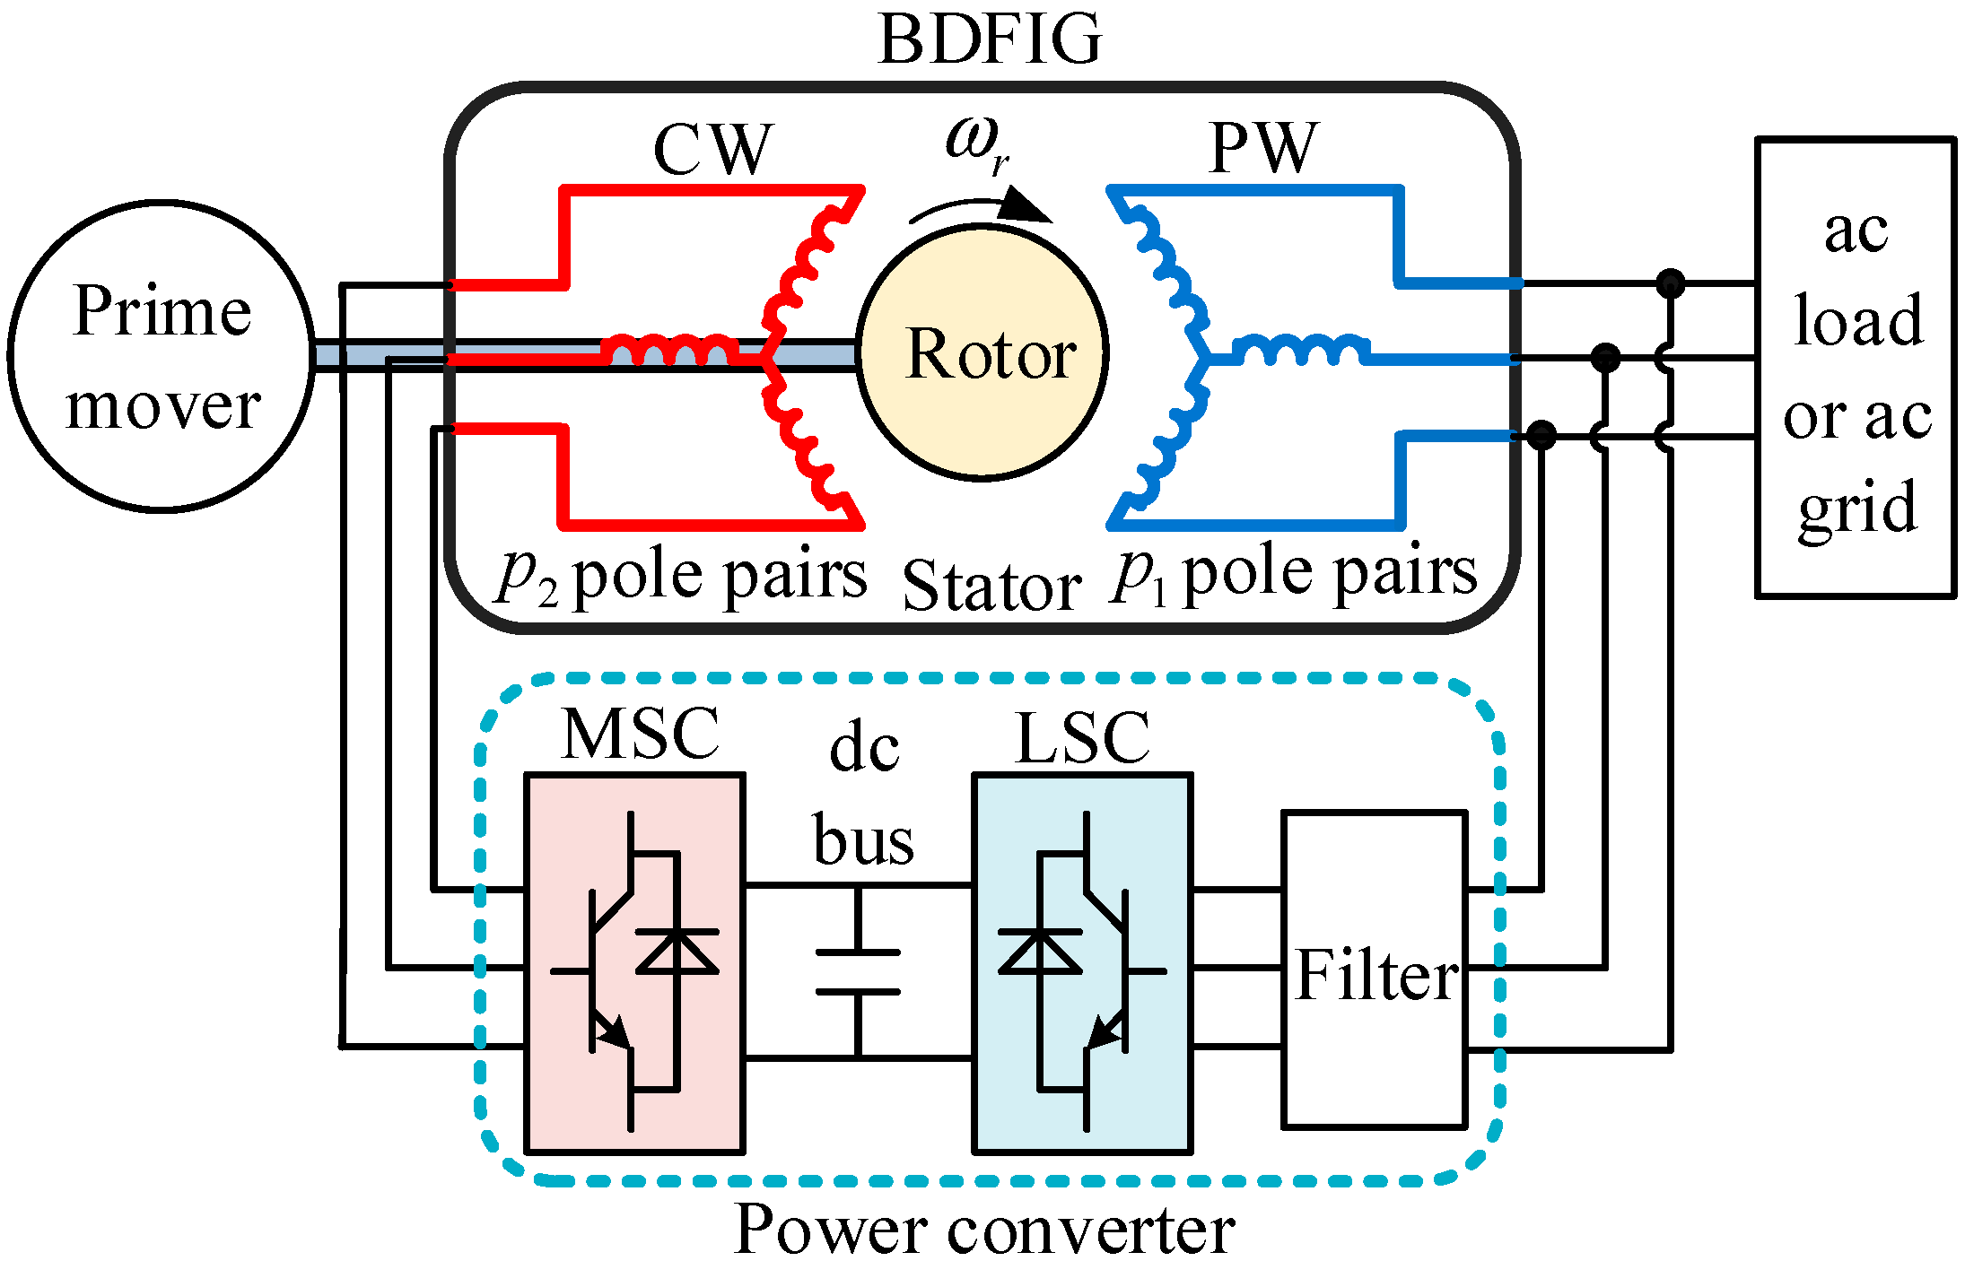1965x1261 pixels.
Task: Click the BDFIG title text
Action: [990, 39]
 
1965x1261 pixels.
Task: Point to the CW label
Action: [712, 149]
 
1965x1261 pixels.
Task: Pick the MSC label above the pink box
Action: [641, 734]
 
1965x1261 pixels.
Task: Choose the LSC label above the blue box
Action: [1083, 737]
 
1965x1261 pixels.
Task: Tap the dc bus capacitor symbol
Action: [858, 972]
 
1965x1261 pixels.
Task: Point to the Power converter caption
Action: [984, 1229]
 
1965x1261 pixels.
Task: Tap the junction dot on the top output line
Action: [1670, 283]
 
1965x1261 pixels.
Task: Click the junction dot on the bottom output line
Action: [1541, 436]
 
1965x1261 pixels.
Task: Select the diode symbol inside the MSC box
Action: [677, 952]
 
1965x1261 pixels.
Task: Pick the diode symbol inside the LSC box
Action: [1040, 952]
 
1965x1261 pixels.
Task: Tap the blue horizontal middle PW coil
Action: [1301, 349]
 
